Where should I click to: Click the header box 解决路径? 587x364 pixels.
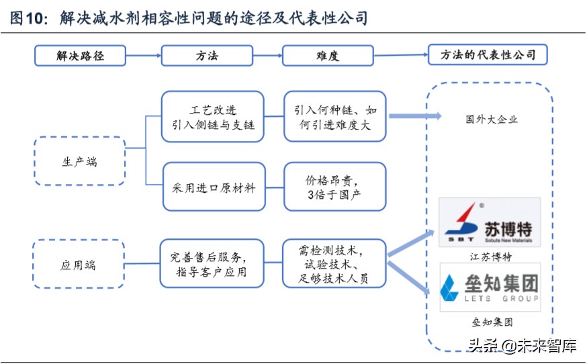(x=80, y=55)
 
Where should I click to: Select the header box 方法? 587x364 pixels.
(x=208, y=55)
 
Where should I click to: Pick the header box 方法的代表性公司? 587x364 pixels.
(x=488, y=54)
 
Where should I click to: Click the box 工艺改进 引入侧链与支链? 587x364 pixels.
(x=213, y=116)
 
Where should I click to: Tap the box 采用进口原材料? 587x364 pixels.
(x=213, y=187)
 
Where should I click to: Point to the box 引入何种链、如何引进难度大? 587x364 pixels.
(x=335, y=116)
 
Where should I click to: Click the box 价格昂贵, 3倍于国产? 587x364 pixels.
(x=335, y=187)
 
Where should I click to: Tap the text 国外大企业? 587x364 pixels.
(x=491, y=120)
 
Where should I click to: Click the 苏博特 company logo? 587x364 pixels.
(x=490, y=222)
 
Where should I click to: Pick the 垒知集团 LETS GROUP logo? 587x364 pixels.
(x=490, y=287)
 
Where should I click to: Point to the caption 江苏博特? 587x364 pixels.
(x=489, y=257)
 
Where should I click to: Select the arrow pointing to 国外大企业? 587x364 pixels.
(x=414, y=116)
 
